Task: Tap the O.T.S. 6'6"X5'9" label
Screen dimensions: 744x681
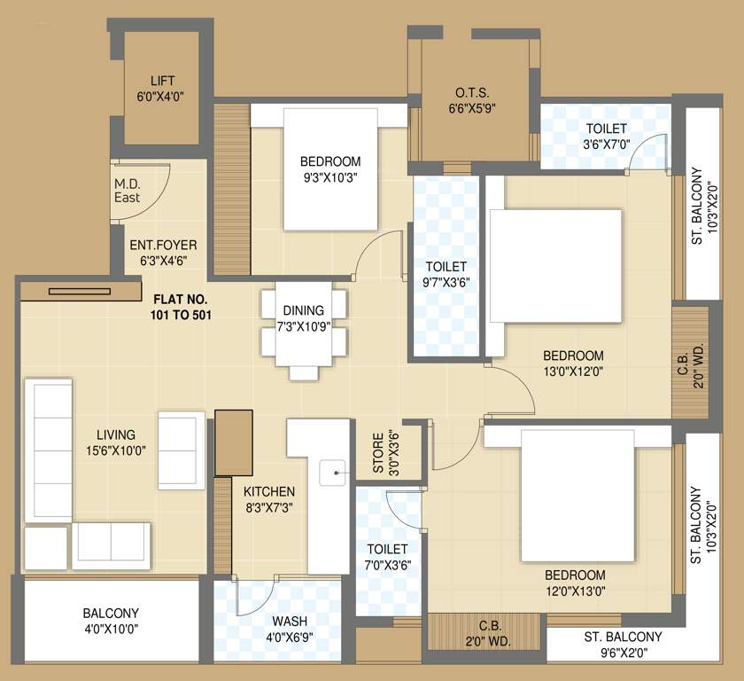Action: pyautogui.click(x=471, y=100)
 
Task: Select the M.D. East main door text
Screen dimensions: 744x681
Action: pyautogui.click(x=128, y=191)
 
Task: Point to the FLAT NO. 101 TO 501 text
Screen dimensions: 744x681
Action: pyautogui.click(x=181, y=308)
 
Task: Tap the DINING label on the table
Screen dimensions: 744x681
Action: pyautogui.click(x=304, y=310)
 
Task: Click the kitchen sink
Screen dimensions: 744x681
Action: pyautogui.click(x=333, y=473)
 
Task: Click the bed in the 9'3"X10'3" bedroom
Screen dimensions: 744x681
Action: pyautogui.click(x=330, y=169)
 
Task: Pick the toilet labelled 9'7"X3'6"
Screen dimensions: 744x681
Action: pyautogui.click(x=446, y=266)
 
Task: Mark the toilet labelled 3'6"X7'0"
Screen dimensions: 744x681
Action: pyautogui.click(x=606, y=136)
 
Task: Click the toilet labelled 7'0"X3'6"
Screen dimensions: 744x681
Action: pyautogui.click(x=388, y=552)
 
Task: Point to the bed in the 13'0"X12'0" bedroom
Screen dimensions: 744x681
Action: pyautogui.click(x=555, y=266)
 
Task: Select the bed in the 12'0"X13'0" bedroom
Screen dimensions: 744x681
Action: pyautogui.click(x=577, y=496)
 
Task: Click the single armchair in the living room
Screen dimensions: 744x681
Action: pyautogui.click(x=181, y=450)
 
